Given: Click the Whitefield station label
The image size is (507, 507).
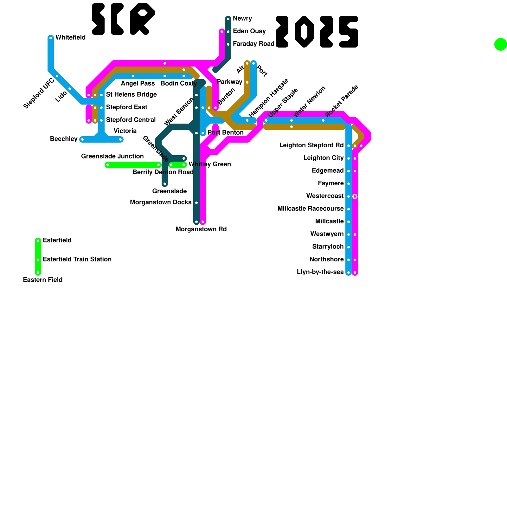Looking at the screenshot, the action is pos(70,38).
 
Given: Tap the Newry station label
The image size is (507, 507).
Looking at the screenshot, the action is pos(242,19).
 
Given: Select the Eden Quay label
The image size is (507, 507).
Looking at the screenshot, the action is pos(249,31).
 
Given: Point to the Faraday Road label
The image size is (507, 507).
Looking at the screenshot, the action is pos(253,44).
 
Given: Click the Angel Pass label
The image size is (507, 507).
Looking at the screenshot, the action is pos(138,84).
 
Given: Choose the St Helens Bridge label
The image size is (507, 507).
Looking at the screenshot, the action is pos(131,95).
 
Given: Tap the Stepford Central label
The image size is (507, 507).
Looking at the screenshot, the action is pos(131,120).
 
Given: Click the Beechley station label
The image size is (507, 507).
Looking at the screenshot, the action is pos(64,139).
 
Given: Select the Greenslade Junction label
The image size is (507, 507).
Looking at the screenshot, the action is pos(112,156).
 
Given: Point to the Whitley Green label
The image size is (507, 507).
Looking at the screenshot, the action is pos(209,164).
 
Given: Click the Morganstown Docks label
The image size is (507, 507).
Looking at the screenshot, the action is pos(161,202).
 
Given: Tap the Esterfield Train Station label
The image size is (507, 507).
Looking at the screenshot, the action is pos(77,260).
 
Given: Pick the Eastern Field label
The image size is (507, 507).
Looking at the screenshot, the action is pos(43,280).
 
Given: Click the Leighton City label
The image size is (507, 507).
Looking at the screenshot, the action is pos(323,158).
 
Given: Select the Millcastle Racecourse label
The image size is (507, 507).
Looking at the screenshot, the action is pos(311,209).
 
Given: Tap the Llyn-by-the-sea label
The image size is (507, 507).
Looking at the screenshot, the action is pos(320,272).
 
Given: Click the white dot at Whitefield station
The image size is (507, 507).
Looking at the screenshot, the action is pos(51,38).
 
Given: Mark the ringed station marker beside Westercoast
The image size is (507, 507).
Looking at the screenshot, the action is pos(355,196).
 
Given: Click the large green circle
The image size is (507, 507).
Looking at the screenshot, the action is pos(500,44).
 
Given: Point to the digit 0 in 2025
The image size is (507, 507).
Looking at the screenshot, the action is pos(304,32).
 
